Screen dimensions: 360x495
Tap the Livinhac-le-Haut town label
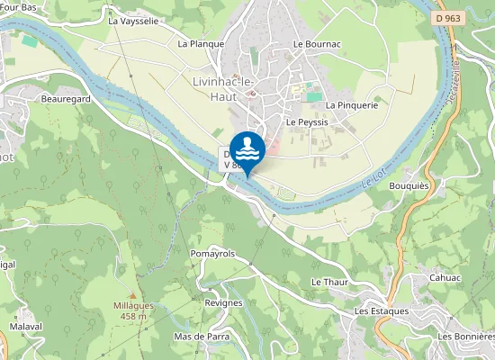(x=224, y=88)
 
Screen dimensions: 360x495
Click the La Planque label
(x=201, y=43)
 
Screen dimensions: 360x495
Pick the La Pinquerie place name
(x=352, y=104)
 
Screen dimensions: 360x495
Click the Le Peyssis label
(x=307, y=121)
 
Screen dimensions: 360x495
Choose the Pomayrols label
(x=212, y=254)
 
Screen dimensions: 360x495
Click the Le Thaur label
(x=329, y=282)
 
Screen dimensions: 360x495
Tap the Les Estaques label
(x=382, y=310)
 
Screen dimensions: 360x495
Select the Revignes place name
(x=223, y=302)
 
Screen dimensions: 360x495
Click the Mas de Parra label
(x=202, y=337)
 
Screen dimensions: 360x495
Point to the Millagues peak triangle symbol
(x=133, y=295)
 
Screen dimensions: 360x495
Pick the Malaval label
(x=26, y=326)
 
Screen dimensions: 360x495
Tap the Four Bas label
(x=19, y=6)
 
